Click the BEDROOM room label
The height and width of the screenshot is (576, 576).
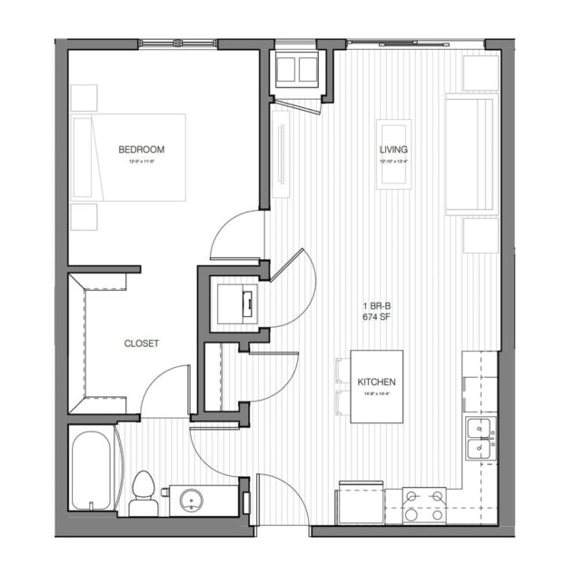pos(141,149)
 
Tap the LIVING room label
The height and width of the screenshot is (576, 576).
pos(393,150)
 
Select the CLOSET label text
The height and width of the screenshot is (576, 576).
pos(141,343)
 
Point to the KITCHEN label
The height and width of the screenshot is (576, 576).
pos(375,383)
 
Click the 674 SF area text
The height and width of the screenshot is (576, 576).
pos(375,317)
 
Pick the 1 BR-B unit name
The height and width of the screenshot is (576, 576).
pos(375,305)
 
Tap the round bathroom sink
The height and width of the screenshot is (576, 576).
pos(192,498)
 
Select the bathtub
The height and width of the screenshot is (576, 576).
pos(93,472)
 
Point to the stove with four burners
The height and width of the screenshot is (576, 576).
pos(425,503)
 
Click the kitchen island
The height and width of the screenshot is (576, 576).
pos(375,385)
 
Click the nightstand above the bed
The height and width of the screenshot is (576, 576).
pos(84,97)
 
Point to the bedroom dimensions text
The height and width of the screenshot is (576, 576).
pos(141,161)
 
